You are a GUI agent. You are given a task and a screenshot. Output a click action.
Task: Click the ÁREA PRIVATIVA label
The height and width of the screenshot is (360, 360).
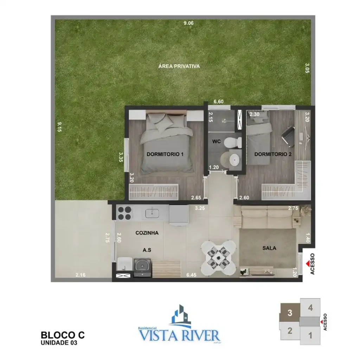click(179, 66)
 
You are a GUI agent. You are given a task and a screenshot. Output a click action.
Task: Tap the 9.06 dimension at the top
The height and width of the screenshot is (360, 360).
click(189, 23)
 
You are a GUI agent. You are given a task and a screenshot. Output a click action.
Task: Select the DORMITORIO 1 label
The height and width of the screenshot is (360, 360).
click(165, 154)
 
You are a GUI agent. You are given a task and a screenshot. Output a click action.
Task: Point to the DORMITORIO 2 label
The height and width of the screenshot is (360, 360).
click(273, 154)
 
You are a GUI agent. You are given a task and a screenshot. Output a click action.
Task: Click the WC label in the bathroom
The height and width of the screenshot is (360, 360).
click(216, 142)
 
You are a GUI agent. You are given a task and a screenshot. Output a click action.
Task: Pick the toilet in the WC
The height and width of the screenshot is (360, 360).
click(233, 142)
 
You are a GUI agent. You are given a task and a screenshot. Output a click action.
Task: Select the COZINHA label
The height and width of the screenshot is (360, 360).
click(147, 233)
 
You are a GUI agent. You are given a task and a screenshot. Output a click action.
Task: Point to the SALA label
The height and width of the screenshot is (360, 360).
click(269, 248)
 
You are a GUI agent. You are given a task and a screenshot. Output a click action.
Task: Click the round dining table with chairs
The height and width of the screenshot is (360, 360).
click(218, 258)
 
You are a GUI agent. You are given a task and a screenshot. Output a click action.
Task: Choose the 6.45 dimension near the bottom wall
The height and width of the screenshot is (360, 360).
click(192, 275)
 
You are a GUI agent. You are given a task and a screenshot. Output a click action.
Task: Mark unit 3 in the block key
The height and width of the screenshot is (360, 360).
click(290, 313)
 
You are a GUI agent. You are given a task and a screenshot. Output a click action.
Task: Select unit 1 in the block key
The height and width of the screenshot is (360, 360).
click(310, 335)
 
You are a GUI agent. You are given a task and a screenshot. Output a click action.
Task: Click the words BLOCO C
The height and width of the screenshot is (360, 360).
click(63, 335)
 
